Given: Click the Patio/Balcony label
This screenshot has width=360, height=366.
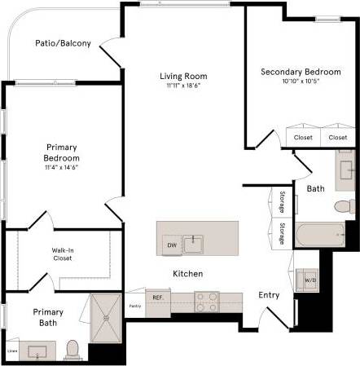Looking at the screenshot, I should pos(63,43).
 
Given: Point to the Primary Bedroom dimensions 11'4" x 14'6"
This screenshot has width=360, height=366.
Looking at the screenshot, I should pos(61,167).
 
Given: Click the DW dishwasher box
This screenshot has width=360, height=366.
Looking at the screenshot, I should pos(171,245).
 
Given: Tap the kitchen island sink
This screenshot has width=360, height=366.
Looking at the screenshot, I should pos(193,243).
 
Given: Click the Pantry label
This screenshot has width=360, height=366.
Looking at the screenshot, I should pos(135,306).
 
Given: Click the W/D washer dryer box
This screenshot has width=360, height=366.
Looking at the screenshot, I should pos(310,281).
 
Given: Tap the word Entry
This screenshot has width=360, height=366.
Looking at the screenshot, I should pos(269,295).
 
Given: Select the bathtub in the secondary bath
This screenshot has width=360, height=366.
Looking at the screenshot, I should pos(320,236).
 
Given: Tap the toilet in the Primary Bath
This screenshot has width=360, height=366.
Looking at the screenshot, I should pos(72,350).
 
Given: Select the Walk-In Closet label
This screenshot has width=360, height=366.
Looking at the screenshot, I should pos(62,254).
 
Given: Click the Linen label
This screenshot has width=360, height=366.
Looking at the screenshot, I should pos(12,351).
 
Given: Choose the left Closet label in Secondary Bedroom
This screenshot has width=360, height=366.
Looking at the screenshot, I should pos(303,138).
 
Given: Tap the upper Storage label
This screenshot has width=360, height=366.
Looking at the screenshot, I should pos(282,200).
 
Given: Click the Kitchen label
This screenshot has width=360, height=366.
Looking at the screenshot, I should pos(187,274).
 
